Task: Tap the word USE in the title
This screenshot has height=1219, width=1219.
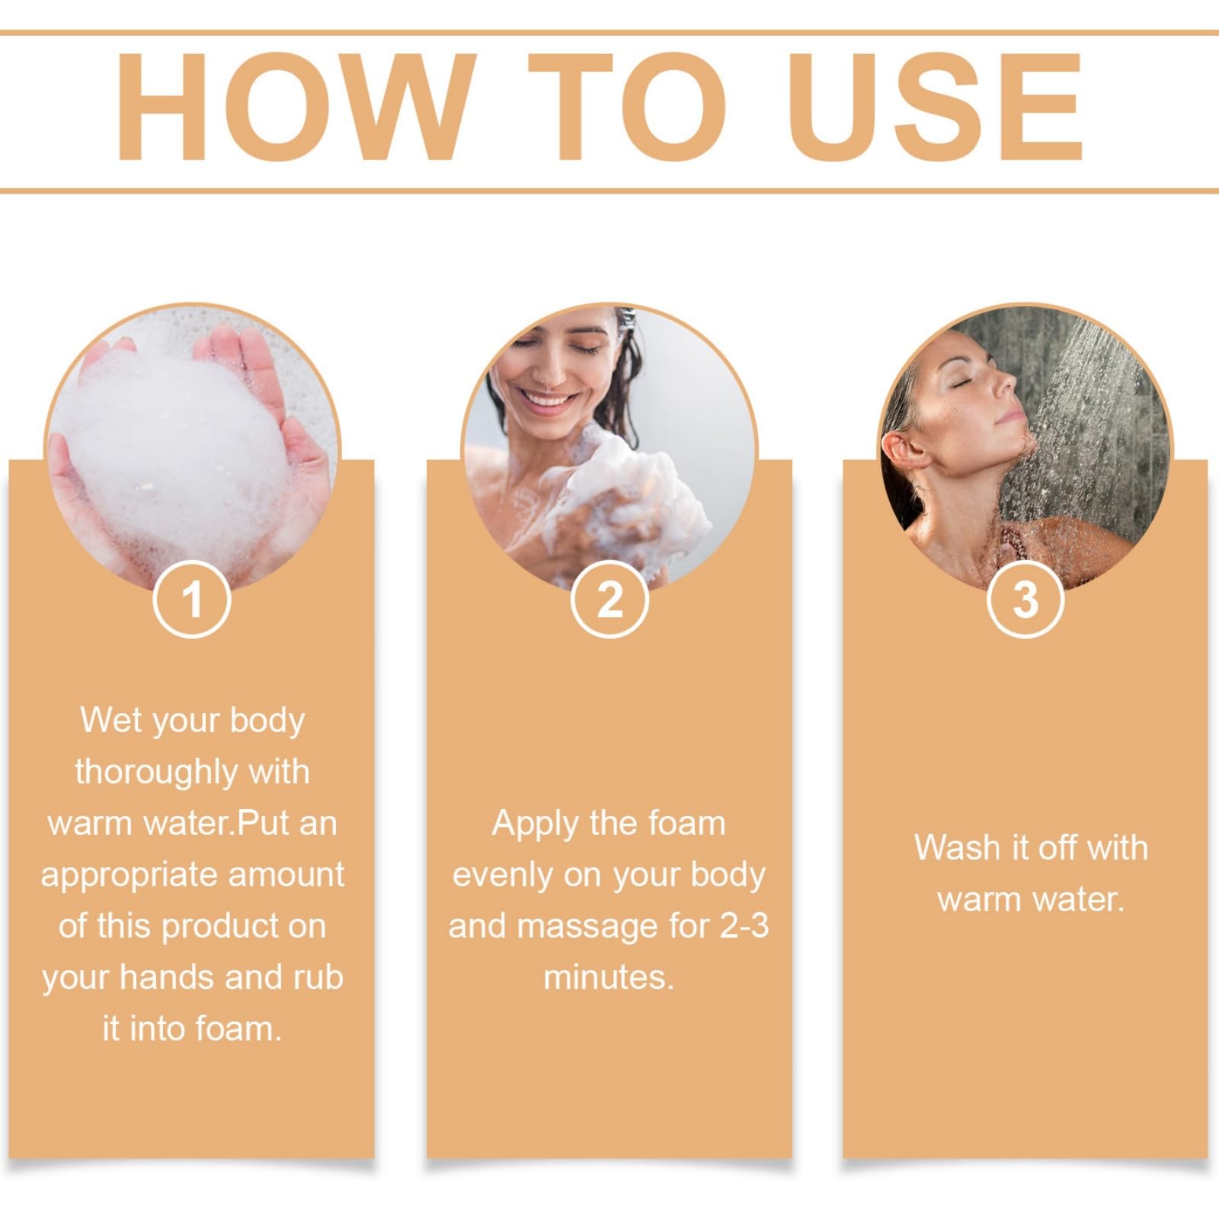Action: (x=935, y=107)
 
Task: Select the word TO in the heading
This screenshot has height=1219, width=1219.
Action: (x=627, y=107)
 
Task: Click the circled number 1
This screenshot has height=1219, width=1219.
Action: (x=192, y=599)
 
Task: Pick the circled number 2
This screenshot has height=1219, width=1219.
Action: (x=609, y=599)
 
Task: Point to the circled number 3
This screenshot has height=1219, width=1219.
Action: (x=1025, y=599)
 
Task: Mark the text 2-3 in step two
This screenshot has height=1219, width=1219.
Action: (x=744, y=926)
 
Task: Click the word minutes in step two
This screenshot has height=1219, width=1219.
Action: (x=609, y=977)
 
